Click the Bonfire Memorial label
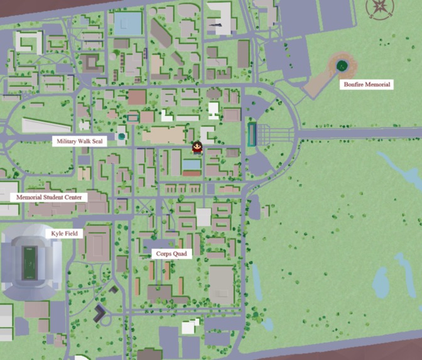coord(367,84)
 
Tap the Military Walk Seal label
coord(80,141)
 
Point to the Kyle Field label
coord(67,234)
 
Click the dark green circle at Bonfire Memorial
coord(342,65)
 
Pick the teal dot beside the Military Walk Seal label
coord(121,136)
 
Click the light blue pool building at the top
coord(129,25)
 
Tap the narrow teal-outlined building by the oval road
coord(252,134)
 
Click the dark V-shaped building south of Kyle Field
coord(100,312)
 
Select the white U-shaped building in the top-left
coord(28,42)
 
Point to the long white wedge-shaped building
coord(45,124)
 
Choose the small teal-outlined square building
coord(133,117)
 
